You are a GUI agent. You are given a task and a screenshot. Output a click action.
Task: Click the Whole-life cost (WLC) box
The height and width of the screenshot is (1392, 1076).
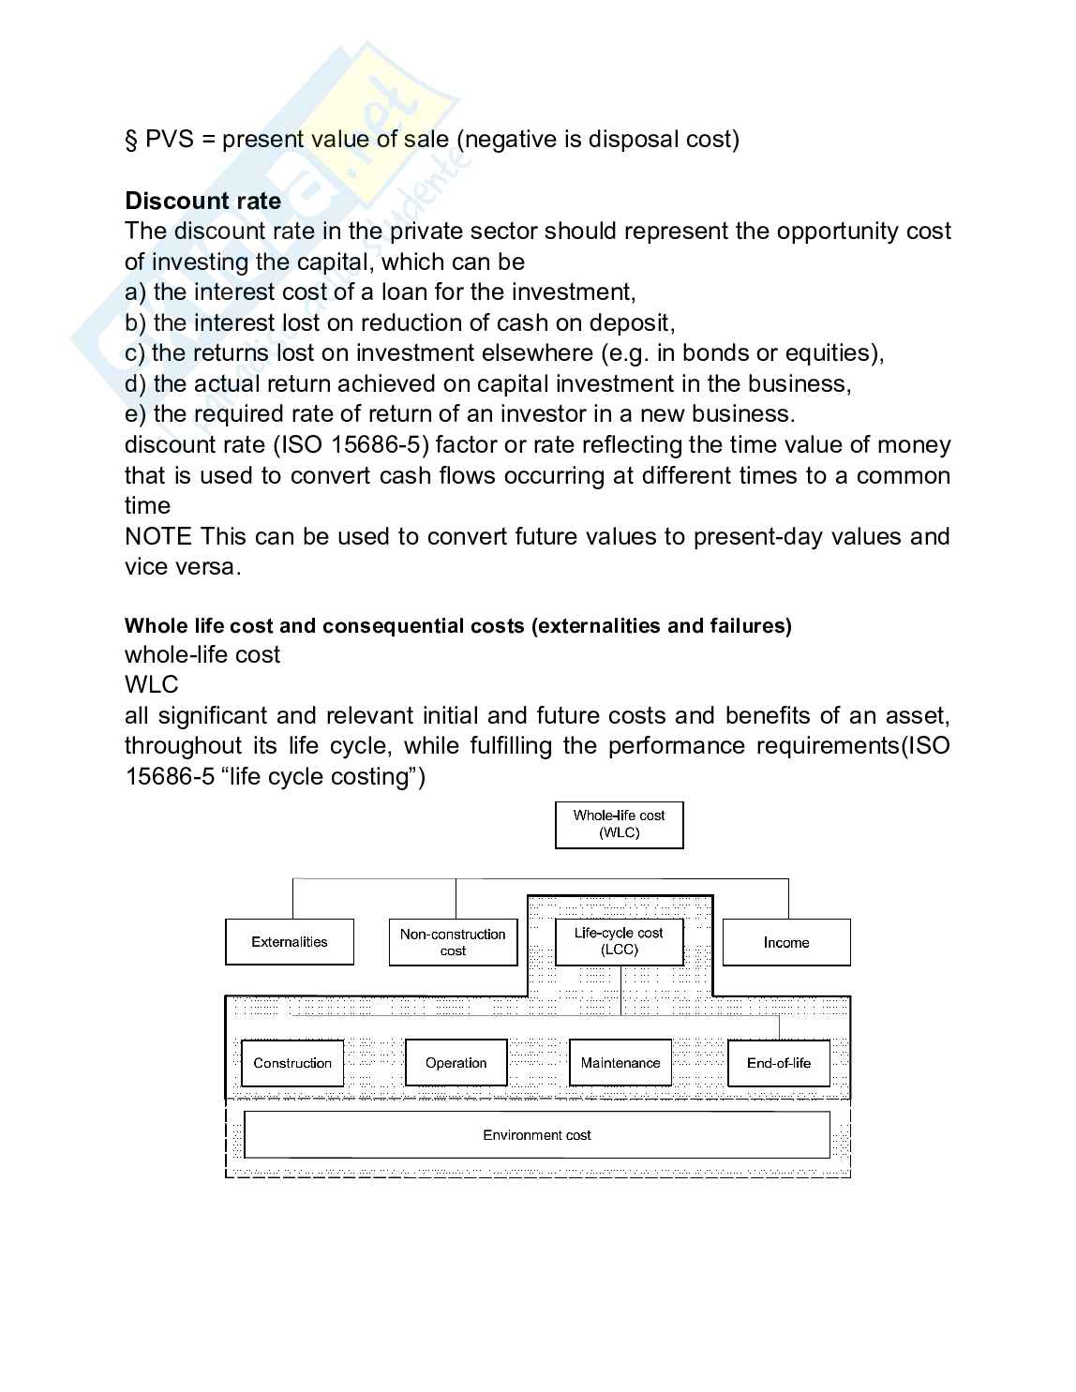click(x=619, y=824)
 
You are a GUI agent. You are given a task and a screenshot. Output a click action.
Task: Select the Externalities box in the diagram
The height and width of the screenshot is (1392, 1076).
click(x=290, y=942)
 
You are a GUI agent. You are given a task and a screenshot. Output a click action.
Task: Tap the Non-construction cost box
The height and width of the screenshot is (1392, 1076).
click(x=453, y=942)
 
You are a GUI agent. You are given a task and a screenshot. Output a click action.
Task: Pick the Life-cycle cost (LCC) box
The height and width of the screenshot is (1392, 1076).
click(x=619, y=941)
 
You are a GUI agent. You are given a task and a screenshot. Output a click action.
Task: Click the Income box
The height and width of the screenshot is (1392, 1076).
click(x=786, y=942)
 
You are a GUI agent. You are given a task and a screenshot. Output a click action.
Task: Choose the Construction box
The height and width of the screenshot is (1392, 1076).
click(x=292, y=1063)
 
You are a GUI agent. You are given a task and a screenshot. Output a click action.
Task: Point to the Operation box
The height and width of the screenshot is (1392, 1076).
click(x=456, y=1063)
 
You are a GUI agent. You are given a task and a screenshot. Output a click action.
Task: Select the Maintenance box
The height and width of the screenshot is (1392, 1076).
click(x=620, y=1063)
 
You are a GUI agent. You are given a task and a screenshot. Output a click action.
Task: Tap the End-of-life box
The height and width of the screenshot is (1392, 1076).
click(x=779, y=1063)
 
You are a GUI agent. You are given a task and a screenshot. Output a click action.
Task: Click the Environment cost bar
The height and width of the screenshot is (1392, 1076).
click(x=537, y=1135)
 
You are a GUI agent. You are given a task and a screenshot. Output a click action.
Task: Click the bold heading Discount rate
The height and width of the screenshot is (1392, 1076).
click(x=202, y=201)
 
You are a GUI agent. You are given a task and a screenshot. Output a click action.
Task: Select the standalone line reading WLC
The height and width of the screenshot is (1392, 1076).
click(x=151, y=685)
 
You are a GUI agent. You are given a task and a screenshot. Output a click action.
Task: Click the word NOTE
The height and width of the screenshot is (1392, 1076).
click(x=157, y=537)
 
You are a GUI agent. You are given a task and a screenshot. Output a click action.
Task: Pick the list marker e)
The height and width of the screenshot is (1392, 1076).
click(x=135, y=414)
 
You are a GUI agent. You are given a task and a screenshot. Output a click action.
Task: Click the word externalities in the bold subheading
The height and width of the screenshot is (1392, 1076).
click(x=595, y=626)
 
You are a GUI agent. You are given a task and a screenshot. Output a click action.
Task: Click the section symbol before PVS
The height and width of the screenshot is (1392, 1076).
click(x=131, y=140)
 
